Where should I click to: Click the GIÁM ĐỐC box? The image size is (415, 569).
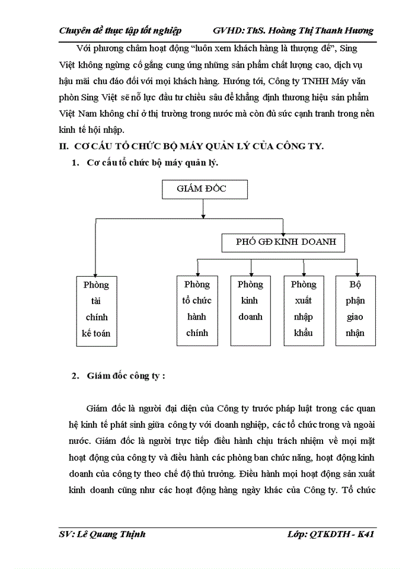(x=204, y=189)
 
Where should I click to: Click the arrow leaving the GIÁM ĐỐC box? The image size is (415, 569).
(x=203, y=209)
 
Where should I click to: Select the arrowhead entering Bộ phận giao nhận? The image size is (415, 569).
(x=355, y=272)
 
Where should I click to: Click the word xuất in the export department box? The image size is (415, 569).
(x=303, y=301)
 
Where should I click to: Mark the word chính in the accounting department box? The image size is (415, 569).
(x=95, y=317)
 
